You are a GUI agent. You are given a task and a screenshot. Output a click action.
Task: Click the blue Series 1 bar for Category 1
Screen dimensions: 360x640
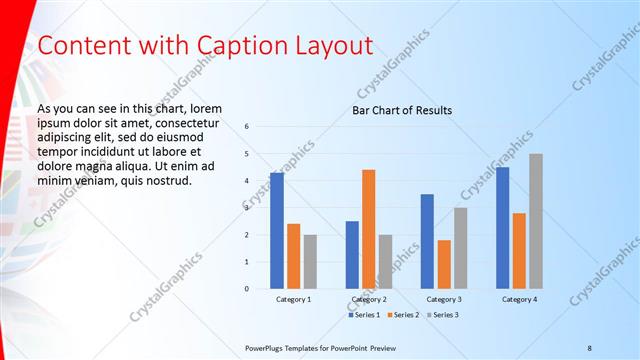point(277,231)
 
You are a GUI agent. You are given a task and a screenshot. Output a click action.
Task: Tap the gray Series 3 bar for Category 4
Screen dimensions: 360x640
point(536,221)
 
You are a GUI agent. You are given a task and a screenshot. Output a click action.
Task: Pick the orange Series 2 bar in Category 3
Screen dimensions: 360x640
point(444,264)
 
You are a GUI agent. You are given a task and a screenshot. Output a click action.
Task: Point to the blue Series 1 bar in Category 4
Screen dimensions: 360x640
point(502,228)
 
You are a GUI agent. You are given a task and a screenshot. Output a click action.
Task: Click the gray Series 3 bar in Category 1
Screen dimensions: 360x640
point(310,262)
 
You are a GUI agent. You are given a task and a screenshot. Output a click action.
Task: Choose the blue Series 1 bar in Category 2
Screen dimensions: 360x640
point(352,255)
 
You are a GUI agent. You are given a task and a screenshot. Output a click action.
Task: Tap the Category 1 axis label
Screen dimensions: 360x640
point(293,299)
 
